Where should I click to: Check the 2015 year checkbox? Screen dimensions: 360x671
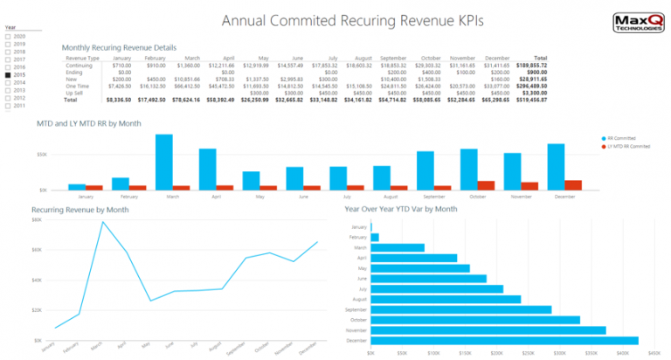pyautogui.click(x=8, y=75)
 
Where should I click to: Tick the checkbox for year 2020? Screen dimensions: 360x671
pyautogui.click(x=8, y=35)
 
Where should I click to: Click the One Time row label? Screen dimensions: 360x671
pyautogui.click(x=78, y=86)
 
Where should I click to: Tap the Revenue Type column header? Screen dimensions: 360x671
pyautogui.click(x=83, y=58)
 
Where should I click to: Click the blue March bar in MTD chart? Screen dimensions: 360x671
pyautogui.click(x=163, y=162)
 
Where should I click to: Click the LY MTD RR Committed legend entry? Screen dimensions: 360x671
pyautogui.click(x=635, y=146)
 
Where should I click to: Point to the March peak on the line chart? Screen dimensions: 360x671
pyautogui.click(x=103, y=222)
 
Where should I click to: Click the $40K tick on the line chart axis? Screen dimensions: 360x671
pyautogui.click(x=36, y=280)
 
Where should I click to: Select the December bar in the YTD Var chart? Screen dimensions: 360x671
pyautogui.click(x=504, y=341)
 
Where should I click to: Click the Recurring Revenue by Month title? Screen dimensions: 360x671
pyautogui.click(x=80, y=210)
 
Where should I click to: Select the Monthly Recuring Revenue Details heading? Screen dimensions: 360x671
pyautogui.click(x=119, y=47)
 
